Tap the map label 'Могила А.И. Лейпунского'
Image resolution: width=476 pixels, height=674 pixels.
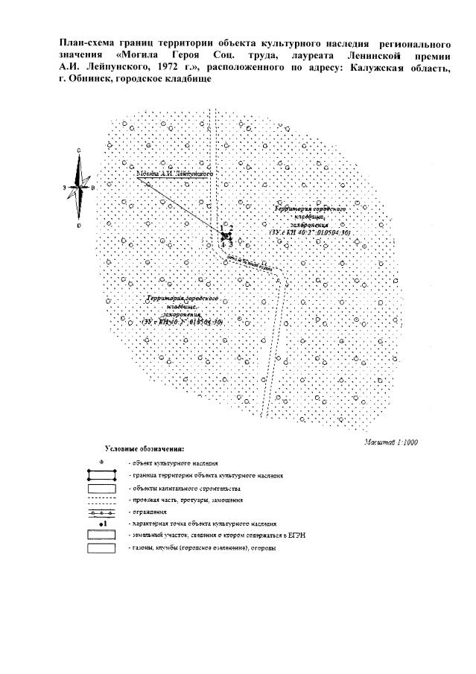(x=175, y=173)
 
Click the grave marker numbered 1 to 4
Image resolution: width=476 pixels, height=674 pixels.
(x=226, y=235)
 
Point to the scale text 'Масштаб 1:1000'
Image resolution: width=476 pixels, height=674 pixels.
(x=391, y=442)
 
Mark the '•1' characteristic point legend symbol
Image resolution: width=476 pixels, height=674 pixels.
(x=104, y=524)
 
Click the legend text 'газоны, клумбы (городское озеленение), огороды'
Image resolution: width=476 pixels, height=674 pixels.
(x=200, y=549)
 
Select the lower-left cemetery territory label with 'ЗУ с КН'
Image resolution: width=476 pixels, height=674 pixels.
(x=183, y=310)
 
